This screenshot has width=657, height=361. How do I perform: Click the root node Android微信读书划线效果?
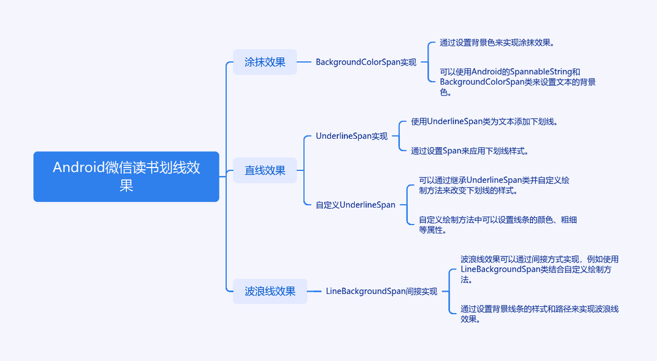(126, 177)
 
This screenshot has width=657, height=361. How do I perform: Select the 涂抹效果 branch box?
(265, 62)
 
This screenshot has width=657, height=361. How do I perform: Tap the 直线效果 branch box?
(265, 170)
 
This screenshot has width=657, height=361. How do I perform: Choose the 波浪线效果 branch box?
(270, 291)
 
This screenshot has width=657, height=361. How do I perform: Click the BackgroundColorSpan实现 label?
(366, 62)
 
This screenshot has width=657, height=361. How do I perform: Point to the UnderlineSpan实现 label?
(352, 136)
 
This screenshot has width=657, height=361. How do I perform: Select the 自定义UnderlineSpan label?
(355, 205)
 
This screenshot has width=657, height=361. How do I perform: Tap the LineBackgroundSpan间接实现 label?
(381, 291)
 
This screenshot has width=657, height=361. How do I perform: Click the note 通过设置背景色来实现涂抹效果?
(497, 43)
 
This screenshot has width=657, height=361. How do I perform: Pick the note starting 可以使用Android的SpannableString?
(518, 82)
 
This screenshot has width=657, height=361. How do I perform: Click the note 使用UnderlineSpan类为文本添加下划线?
(484, 122)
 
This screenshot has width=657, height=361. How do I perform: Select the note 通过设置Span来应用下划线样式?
(469, 151)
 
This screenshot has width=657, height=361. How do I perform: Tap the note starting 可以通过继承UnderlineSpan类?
(494, 185)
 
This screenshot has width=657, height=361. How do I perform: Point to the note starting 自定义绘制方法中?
(498, 225)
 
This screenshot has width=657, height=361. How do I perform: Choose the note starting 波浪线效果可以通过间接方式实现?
(539, 269)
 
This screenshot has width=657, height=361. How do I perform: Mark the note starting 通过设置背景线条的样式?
(539, 314)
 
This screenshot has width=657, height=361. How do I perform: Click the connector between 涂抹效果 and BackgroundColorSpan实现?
(304, 62)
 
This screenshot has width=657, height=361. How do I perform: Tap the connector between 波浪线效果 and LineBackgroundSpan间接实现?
(314, 291)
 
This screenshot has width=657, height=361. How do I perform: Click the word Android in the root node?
(78, 167)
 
